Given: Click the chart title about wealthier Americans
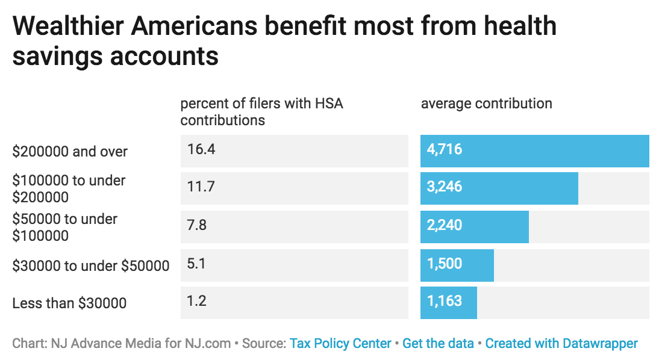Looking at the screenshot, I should pos(283,41).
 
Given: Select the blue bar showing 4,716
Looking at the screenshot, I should pos(534,151).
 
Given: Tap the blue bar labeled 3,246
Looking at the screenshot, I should pos(499,188).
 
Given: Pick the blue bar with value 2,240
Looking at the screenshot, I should pos(474,226).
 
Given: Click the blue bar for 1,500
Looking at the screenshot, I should pos(457,265).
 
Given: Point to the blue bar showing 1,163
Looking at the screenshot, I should pos(448,302).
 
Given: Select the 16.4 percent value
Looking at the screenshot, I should pos(201,149).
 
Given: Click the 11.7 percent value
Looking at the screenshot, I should pos(201,187).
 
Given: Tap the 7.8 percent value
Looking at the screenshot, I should pos(197,225).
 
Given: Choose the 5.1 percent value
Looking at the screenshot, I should pos(196,264).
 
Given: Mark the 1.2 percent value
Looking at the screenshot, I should pos(196,301).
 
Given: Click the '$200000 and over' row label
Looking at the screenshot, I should pos(70,152).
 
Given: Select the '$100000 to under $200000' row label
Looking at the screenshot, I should pos(69,189).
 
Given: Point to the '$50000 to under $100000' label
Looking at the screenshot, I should pos(64,227).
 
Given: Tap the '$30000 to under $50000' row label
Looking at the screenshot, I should pos(90,265).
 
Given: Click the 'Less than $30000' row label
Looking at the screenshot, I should pos(69,303).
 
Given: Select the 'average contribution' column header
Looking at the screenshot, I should pos(486,104).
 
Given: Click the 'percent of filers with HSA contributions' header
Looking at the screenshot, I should pos(261,111).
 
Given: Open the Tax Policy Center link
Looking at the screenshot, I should pos(340,344).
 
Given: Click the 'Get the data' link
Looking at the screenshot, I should pos(438,344).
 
